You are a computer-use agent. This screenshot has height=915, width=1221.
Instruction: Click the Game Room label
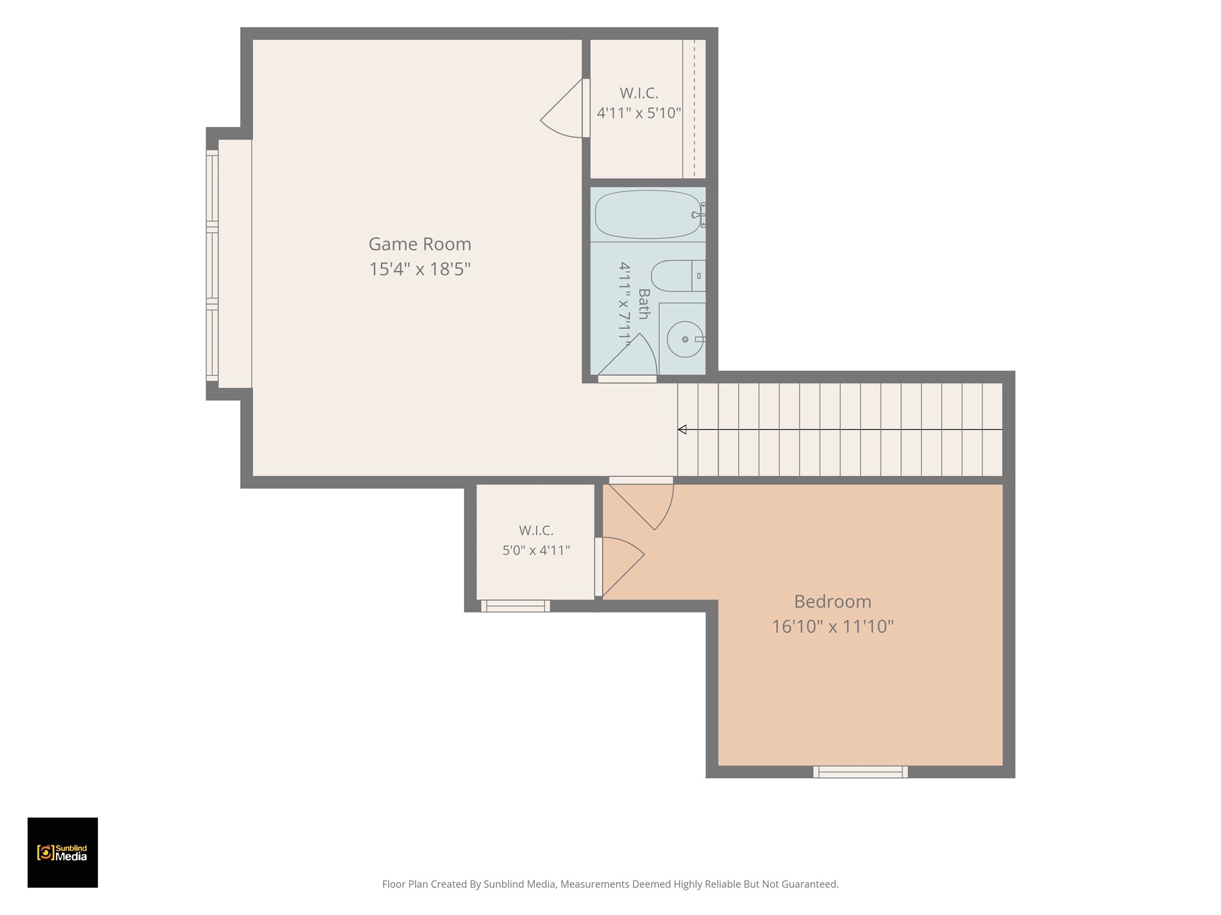tap(420, 244)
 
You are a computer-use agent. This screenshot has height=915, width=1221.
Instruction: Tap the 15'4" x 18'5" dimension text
tap(420, 269)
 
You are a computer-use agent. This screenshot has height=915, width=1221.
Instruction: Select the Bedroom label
tap(832, 602)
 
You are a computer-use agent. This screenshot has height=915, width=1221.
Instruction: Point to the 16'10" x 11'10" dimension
tap(832, 627)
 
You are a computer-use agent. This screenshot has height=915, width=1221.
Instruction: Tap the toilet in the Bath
tap(678, 276)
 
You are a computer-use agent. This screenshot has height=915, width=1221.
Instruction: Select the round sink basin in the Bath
tap(685, 340)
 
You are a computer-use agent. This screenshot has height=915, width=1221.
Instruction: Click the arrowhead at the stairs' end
tap(682, 430)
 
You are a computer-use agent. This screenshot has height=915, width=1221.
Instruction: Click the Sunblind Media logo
tap(63, 852)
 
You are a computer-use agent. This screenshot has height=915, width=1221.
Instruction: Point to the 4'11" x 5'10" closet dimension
tap(639, 113)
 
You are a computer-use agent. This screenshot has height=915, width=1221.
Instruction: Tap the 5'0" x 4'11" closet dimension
tap(536, 550)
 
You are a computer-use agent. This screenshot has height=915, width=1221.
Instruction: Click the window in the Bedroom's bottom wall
tap(860, 772)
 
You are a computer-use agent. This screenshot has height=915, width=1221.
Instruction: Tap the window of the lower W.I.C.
tap(516, 606)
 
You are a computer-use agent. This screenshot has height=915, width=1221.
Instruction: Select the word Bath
tap(644, 304)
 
